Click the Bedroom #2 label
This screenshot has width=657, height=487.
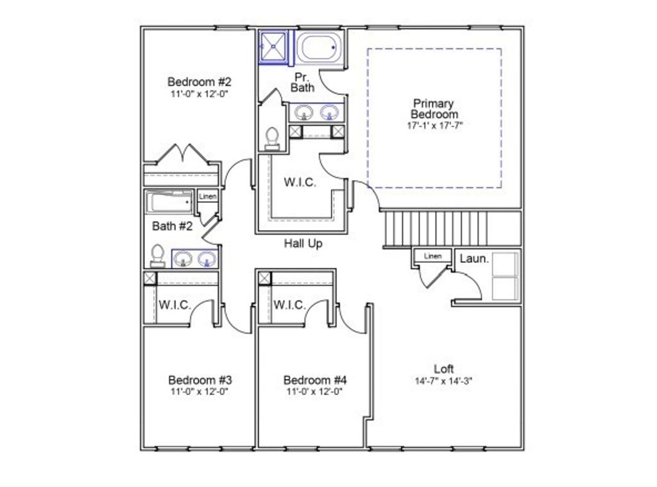point(199,82)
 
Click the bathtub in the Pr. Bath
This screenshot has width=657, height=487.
point(319,48)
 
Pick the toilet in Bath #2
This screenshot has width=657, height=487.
point(157,256)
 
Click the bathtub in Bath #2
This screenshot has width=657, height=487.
point(169,203)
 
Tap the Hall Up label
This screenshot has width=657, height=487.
point(303,243)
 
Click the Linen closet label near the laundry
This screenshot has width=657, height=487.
point(432,256)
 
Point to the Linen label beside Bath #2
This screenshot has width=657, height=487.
point(207,196)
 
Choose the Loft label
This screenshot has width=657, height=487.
point(444,369)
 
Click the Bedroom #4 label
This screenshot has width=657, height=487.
point(314,380)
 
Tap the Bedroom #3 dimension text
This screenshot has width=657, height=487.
point(199,390)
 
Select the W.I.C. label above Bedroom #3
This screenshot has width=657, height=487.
point(175,305)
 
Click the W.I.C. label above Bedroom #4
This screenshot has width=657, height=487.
point(289,305)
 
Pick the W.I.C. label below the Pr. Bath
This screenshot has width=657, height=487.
point(300,182)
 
